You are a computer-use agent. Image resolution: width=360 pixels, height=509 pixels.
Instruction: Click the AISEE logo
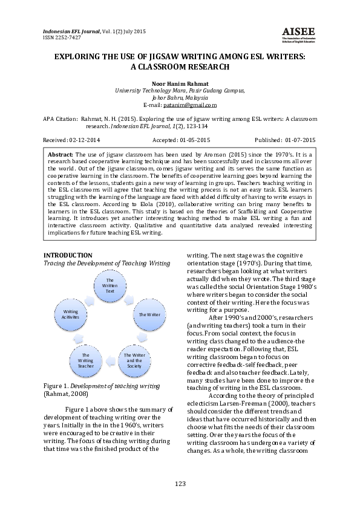[x=298, y=34]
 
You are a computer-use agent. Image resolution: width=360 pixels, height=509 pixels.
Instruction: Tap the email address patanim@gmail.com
[x=190, y=105]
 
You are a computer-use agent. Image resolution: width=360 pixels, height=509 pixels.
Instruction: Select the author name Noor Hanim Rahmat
[x=180, y=84]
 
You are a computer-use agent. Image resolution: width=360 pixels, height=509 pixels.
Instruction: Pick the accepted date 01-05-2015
[x=195, y=140]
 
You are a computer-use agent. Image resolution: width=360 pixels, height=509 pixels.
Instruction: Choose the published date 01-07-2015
[x=300, y=140]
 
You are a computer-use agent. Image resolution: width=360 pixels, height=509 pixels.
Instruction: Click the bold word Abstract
[x=61, y=155]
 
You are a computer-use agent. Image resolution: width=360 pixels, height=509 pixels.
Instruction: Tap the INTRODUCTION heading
[x=68, y=255]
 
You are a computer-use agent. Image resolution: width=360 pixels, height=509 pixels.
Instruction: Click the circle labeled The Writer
[x=149, y=314]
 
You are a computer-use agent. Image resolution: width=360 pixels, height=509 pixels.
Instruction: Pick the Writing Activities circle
[x=71, y=314]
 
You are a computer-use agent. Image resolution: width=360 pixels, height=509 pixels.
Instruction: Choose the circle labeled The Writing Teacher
[x=85, y=361]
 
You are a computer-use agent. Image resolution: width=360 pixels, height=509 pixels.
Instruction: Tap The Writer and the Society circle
[x=134, y=361]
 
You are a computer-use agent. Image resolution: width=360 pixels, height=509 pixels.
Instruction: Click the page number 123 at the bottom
[x=180, y=484]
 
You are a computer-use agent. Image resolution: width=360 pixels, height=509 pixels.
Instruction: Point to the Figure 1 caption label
[x=56, y=386]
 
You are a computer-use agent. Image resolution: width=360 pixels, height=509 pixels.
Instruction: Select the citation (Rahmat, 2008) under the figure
[x=66, y=394]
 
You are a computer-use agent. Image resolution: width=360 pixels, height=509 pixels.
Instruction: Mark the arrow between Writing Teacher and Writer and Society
[x=110, y=360]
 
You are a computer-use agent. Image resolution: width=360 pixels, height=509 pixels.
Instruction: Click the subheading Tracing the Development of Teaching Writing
[x=107, y=263]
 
